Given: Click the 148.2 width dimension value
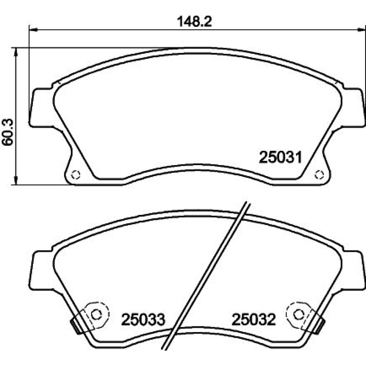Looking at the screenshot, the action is click(194, 22).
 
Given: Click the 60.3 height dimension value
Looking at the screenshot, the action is click(7, 132).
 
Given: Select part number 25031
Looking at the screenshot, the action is click(281, 157).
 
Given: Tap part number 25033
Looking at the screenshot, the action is click(143, 320).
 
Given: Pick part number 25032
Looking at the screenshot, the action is click(254, 320).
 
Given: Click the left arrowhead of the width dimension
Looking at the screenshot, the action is click(33, 30).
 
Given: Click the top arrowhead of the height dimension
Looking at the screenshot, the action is click(16, 52).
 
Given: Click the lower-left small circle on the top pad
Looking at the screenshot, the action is click(76, 174).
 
